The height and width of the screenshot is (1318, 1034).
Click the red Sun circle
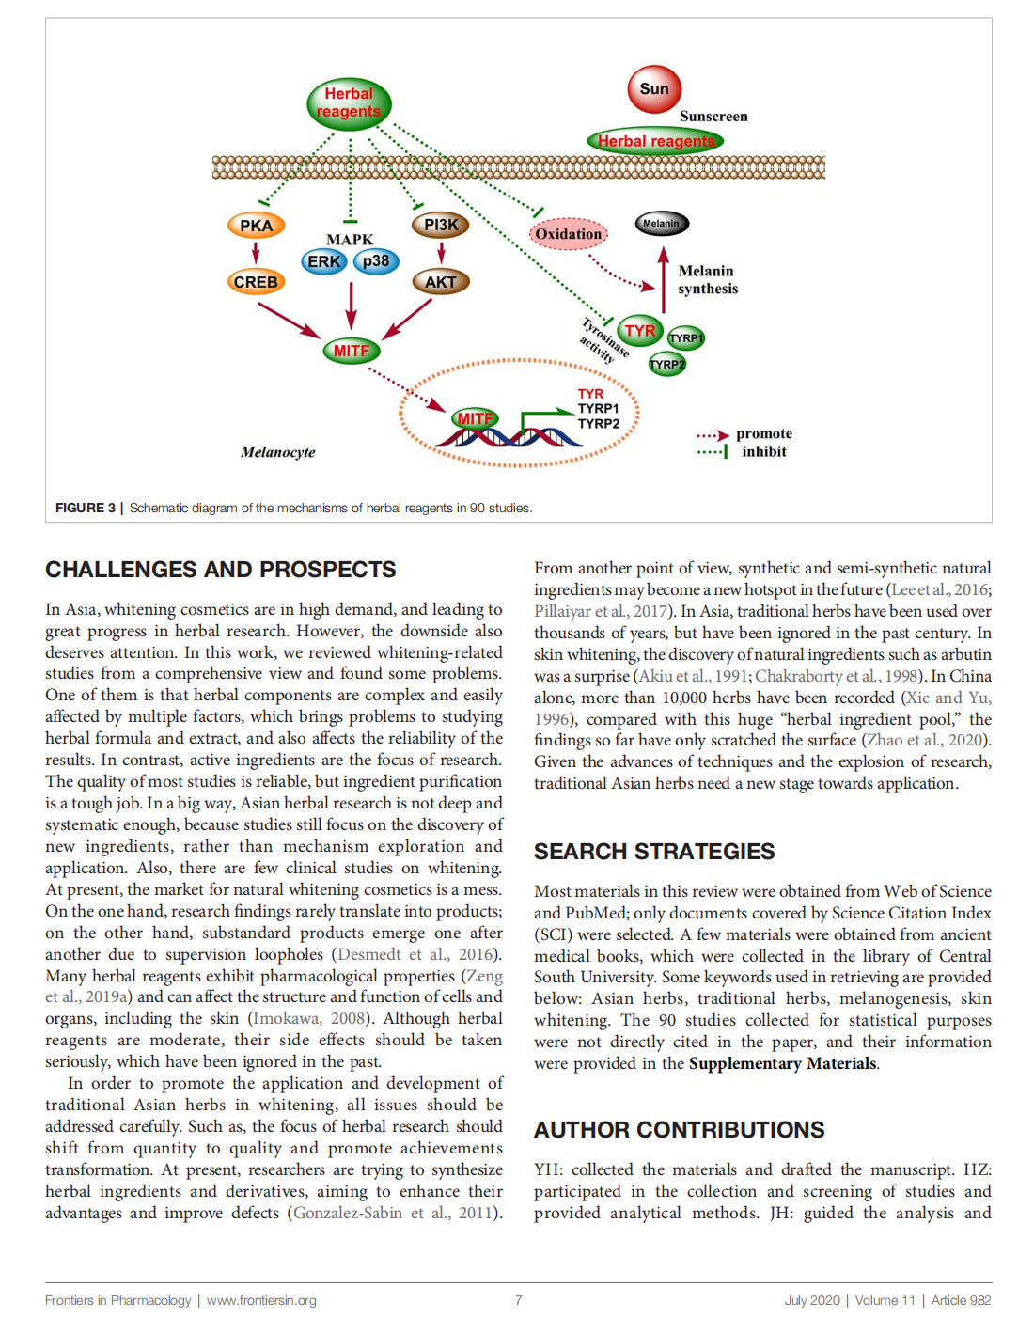[654, 89]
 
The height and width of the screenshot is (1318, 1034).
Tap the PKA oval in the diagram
[256, 226]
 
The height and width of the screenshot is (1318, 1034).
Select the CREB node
[256, 282]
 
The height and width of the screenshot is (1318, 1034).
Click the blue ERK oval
[324, 261]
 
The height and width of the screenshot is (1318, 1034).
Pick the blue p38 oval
[376, 261]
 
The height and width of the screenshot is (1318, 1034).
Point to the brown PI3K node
[440, 226]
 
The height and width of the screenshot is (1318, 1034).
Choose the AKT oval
[440, 282]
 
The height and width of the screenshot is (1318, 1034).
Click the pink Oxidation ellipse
[569, 234]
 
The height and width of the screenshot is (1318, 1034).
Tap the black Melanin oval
[661, 224]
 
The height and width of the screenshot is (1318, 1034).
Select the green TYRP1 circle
[685, 338]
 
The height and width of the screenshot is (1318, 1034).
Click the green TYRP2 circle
[666, 364]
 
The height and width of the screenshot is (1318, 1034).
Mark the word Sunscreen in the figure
[713, 117]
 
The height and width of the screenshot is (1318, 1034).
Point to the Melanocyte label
[277, 452]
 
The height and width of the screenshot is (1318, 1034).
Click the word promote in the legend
[764, 434]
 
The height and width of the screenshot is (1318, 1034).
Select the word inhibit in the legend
[764, 452]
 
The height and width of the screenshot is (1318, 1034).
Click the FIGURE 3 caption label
[85, 508]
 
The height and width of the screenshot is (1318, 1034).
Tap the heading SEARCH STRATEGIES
[654, 852]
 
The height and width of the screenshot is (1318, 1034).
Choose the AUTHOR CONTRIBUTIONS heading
[679, 1130]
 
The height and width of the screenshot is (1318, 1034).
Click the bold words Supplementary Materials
[782, 1064]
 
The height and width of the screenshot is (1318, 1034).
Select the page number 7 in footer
[518, 1300]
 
